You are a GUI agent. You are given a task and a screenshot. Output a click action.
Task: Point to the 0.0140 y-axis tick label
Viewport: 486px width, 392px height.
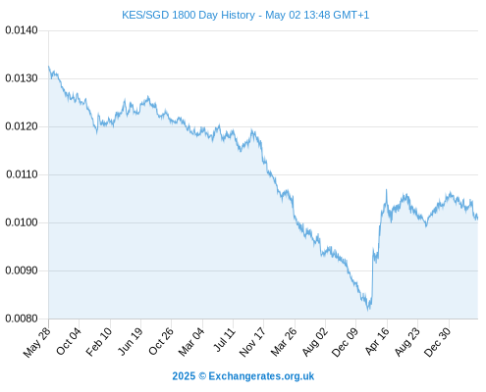point(22,30)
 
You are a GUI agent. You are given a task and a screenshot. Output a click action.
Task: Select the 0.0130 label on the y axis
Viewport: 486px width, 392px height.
point(22,78)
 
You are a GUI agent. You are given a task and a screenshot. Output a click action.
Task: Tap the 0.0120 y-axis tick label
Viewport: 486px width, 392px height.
point(22,126)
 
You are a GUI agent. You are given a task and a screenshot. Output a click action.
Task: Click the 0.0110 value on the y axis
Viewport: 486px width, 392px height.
point(22,174)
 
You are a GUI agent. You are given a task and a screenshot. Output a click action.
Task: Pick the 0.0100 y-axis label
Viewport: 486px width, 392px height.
point(22,222)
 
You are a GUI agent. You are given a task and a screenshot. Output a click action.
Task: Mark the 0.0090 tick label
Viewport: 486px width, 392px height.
point(22,270)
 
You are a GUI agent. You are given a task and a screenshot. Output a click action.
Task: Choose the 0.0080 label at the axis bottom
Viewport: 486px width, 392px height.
point(22,318)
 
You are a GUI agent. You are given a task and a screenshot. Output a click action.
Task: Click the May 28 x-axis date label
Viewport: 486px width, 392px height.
point(37,342)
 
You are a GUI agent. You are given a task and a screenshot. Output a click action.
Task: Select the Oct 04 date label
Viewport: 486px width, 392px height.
point(68,341)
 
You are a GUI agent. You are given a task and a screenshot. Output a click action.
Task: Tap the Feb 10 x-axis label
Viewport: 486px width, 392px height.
point(99,342)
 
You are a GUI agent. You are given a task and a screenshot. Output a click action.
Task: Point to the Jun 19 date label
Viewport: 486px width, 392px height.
point(130,341)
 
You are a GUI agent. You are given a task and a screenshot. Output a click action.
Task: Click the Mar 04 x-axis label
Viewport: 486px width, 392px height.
point(191,342)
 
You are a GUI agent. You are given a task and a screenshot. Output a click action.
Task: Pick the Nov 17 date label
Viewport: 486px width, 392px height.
point(252,342)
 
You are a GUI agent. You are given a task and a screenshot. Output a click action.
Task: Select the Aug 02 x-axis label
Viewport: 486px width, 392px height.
point(314,342)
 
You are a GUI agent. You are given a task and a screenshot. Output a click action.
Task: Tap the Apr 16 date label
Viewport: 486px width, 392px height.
point(377,341)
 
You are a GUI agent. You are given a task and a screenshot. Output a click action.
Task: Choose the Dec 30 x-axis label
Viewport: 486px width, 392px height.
point(438,342)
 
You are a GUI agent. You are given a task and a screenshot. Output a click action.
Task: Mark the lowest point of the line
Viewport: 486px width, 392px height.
point(368,310)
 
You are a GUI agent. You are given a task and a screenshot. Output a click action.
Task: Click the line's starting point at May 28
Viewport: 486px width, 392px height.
point(49,67)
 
